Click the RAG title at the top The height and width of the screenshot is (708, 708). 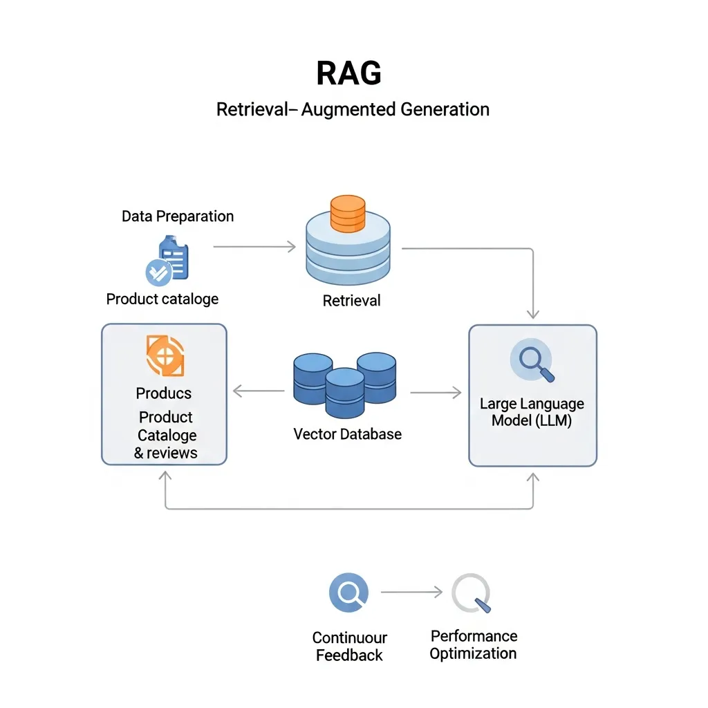(348, 73)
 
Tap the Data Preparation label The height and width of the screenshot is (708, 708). (178, 216)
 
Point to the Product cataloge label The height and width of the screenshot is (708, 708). (162, 299)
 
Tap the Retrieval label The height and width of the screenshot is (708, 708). (351, 301)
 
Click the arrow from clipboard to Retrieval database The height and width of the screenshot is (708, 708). (254, 246)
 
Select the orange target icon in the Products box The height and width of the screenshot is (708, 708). (165, 356)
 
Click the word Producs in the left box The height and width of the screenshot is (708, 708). (164, 393)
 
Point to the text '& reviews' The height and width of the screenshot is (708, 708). (165, 454)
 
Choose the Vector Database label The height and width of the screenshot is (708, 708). (347, 434)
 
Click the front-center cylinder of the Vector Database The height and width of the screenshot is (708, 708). (344, 393)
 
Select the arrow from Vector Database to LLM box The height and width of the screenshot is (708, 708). (436, 393)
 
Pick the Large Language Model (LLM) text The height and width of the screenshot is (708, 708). (532, 412)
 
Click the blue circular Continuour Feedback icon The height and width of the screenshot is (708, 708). (348, 593)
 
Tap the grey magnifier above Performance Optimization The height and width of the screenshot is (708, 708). (472, 594)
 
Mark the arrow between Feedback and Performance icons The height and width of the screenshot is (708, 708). (411, 593)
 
